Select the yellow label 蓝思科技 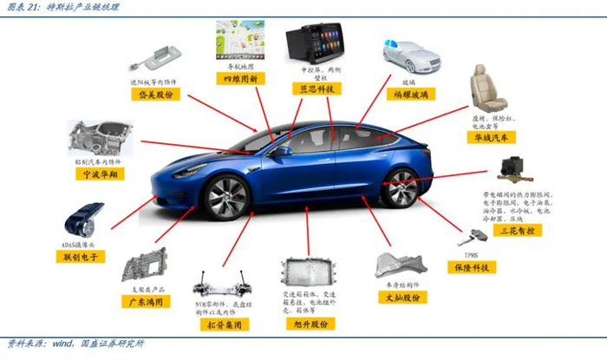coord(317,88)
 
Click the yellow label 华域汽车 coord(491,137)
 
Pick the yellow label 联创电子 coord(84,257)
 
